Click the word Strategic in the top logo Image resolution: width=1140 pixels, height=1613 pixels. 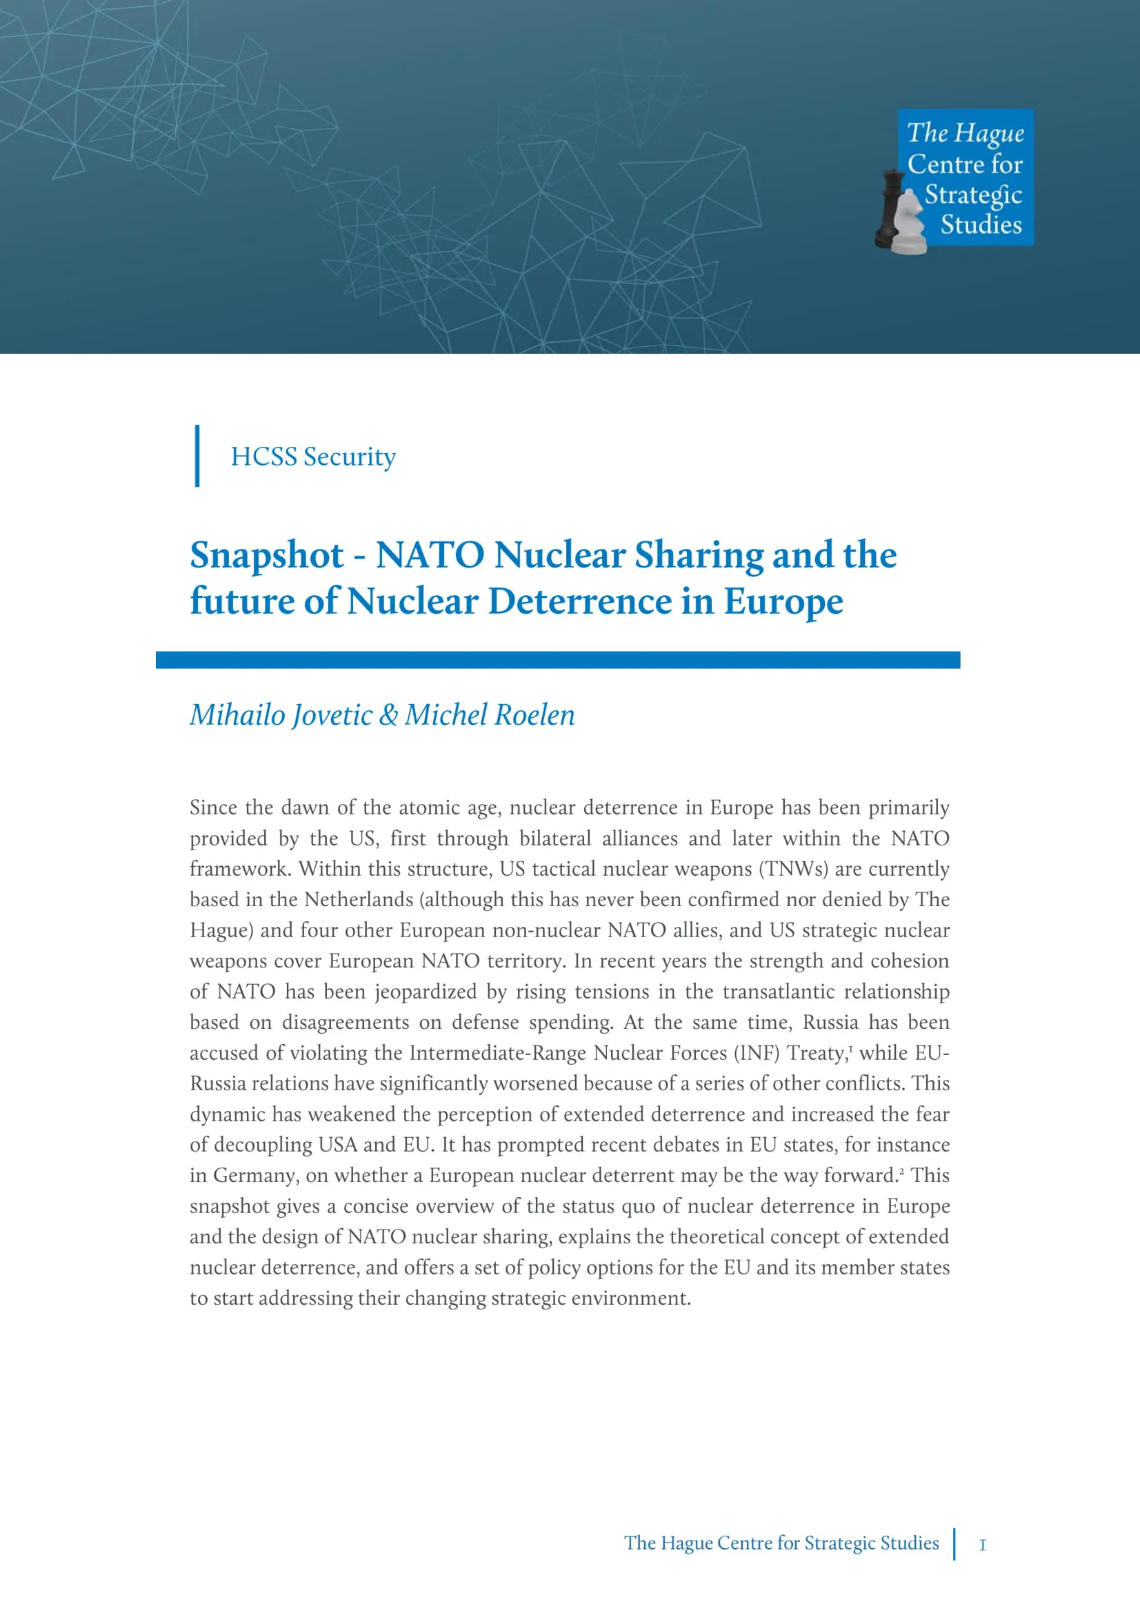973,194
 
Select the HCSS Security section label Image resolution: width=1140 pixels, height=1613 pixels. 313,457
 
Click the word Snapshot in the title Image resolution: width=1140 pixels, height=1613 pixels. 267,555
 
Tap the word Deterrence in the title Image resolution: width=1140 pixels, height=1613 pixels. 579,601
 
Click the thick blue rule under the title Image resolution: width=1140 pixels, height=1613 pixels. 558,660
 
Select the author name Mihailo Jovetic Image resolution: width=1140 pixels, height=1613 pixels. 281,715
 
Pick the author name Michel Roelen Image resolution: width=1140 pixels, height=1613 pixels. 490,715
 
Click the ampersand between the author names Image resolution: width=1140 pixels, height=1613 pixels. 388,715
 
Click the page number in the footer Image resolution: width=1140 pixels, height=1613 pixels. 983,1545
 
